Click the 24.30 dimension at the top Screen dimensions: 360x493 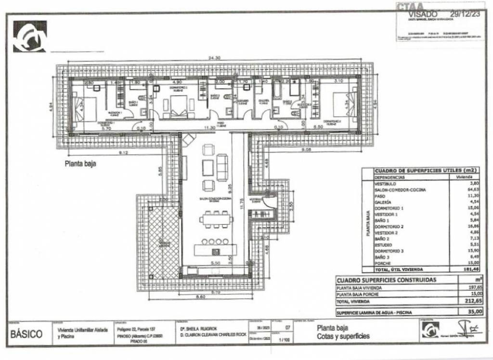click(x=214, y=58)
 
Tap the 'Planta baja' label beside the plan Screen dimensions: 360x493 click(x=80, y=164)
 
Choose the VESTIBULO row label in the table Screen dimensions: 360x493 click(x=385, y=184)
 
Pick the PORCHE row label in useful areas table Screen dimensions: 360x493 click(x=383, y=263)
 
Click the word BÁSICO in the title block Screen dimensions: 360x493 click(x=26, y=334)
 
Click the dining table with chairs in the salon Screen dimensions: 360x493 click(x=216, y=219)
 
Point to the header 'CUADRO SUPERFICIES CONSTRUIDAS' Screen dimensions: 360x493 click(x=387, y=280)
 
